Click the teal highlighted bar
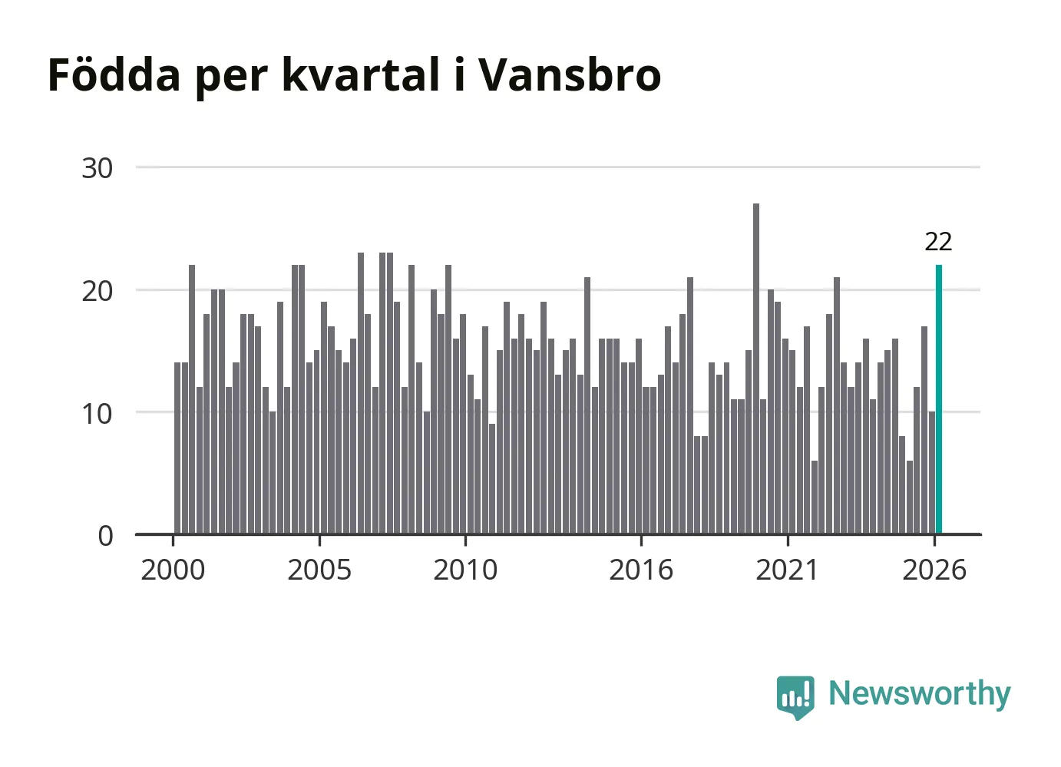(938, 399)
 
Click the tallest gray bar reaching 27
(756, 369)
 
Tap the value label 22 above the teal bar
(938, 242)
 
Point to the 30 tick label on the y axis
(97, 168)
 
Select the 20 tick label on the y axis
(97, 291)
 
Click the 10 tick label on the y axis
(97, 414)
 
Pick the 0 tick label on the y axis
(106, 536)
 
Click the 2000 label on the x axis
(173, 570)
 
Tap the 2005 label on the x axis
(319, 570)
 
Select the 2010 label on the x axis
(465, 570)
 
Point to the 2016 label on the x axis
(641, 570)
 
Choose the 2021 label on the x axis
(787, 570)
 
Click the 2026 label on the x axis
(934, 570)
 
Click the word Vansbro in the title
(570, 74)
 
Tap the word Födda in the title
(114, 74)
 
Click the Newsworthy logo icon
(795, 697)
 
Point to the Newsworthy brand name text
(920, 694)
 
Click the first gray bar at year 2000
(177, 448)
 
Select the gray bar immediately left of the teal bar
(932, 473)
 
